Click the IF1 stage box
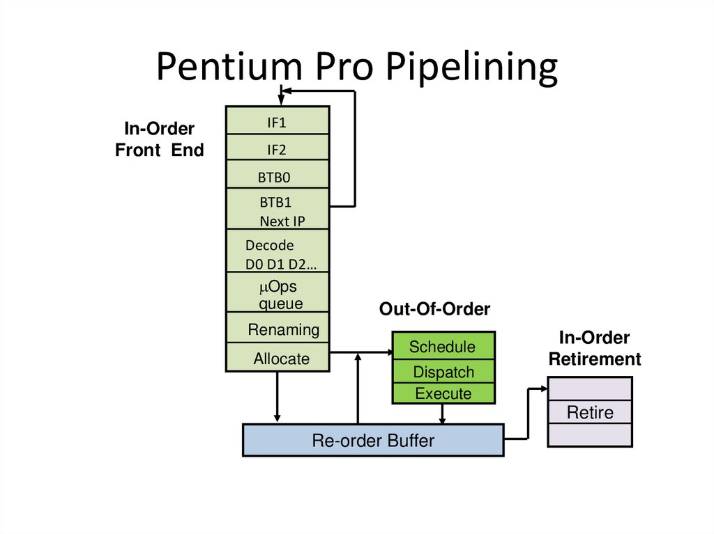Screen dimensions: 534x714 (278, 123)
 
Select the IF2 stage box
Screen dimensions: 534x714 (278, 149)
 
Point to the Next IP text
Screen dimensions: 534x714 (282, 221)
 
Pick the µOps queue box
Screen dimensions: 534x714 (278, 294)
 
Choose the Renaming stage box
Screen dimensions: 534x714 (278, 329)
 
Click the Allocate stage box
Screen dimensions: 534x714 (278, 358)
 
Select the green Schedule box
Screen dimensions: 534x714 (443, 346)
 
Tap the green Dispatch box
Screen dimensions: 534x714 (443, 372)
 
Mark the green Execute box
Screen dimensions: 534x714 (443, 393)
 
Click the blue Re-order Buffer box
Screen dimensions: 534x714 (373, 440)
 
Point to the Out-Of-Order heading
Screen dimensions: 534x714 (434, 309)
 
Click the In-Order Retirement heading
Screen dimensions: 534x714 (594, 349)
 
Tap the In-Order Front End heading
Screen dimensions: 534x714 (159, 139)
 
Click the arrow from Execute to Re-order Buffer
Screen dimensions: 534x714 (442, 414)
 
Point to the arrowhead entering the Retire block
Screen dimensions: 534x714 (544, 388)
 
